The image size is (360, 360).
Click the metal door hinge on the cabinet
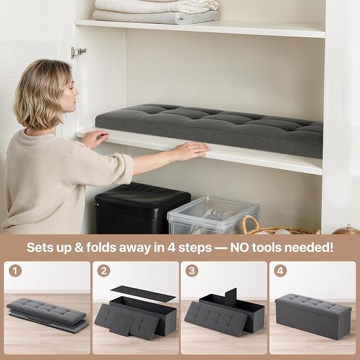coord(78,52)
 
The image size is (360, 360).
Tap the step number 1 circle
coord(15,271)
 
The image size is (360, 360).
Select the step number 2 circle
coord(104,271)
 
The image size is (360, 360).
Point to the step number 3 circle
coord(192,271)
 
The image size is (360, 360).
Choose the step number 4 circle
coord(280,271)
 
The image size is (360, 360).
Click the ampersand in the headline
coord(79,248)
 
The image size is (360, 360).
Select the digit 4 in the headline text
coord(171,248)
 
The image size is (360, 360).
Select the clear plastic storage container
coord(213,215)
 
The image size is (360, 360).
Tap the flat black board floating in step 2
coord(143,294)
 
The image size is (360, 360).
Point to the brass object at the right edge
coord(346,230)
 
